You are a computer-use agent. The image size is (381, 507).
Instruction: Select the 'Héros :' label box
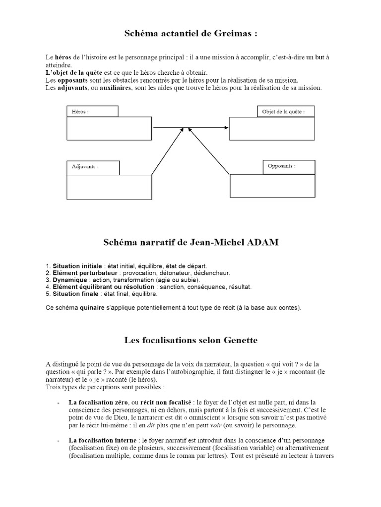point(92,111)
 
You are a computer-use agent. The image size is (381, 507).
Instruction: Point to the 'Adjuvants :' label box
point(93,167)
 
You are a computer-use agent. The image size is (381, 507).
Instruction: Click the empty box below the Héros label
point(109,128)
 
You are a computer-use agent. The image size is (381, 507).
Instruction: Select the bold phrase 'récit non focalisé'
point(167,402)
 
